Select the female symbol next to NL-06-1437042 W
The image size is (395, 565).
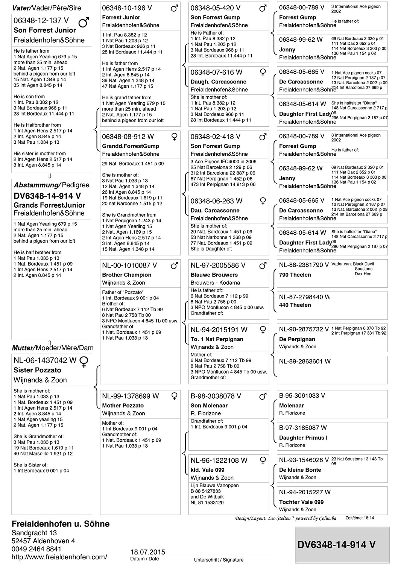[85, 362]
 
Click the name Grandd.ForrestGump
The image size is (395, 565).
[131, 146]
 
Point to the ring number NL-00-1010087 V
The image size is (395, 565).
[129, 266]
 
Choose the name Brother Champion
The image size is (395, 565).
[127, 275]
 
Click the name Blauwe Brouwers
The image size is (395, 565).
[214, 275]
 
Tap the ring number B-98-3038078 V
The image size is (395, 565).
[216, 396]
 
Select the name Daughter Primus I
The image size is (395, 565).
[303, 438]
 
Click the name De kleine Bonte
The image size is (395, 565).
[300, 470]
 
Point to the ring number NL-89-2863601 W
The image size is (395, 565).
[305, 361]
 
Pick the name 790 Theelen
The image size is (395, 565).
[295, 275]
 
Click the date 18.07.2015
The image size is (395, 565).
[147, 552]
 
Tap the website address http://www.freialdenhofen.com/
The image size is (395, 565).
[59, 557]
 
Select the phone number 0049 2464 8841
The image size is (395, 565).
[36, 549]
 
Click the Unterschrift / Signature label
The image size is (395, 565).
[219, 560]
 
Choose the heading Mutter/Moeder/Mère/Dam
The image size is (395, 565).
[53, 348]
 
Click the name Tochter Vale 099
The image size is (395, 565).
[301, 502]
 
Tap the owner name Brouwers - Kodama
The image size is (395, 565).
[215, 283]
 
